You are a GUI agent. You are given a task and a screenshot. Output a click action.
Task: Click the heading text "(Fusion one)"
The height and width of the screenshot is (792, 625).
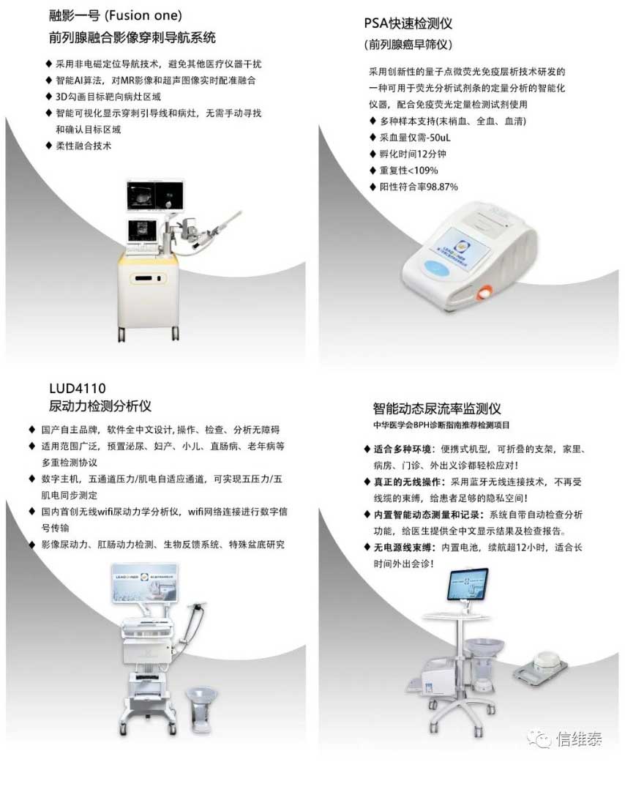(143, 15)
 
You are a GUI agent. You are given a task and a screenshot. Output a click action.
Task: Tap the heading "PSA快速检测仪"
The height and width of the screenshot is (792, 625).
(408, 23)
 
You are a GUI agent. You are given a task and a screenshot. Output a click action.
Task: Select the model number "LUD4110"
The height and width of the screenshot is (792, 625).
(78, 389)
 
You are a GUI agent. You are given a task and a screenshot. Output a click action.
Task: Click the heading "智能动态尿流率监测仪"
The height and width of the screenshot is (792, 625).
(437, 408)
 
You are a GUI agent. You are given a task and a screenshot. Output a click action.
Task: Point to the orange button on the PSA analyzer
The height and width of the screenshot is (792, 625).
(485, 291)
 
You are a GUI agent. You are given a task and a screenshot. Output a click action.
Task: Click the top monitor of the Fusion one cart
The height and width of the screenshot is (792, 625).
(155, 195)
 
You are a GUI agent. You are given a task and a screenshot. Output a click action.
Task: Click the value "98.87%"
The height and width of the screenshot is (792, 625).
(442, 187)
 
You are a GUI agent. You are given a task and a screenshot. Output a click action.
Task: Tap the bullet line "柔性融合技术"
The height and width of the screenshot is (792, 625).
(83, 146)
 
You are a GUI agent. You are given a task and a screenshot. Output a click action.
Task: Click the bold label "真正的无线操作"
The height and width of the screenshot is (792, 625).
(408, 482)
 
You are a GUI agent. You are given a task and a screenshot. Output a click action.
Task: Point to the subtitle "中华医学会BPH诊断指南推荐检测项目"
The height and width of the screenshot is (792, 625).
(441, 425)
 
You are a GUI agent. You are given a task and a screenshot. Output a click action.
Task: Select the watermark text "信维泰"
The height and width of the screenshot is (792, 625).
(579, 739)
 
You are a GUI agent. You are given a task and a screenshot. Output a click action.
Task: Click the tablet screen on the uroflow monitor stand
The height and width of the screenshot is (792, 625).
(468, 583)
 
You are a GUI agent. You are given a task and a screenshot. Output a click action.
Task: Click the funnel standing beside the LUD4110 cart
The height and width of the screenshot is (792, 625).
(201, 708)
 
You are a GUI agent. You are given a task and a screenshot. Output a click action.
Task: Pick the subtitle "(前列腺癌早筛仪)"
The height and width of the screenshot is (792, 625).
(408, 45)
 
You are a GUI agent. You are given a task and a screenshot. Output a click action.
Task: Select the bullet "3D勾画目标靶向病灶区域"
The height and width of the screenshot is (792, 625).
(108, 97)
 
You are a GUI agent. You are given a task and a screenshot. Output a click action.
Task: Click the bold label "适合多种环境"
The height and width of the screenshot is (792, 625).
(403, 449)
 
